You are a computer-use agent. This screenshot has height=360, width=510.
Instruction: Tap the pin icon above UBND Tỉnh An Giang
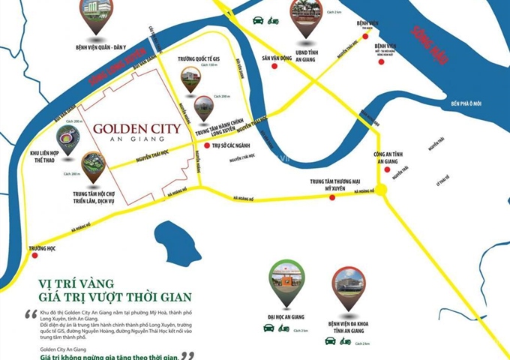[x=305, y=19]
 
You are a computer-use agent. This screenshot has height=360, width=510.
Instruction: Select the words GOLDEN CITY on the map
[x=136, y=128]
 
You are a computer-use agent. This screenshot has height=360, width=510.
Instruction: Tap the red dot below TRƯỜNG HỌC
[x=34, y=256]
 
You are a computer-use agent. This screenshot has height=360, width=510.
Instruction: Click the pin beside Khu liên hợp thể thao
[x=69, y=139]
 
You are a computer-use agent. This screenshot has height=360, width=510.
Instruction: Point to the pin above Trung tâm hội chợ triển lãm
[x=93, y=166]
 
